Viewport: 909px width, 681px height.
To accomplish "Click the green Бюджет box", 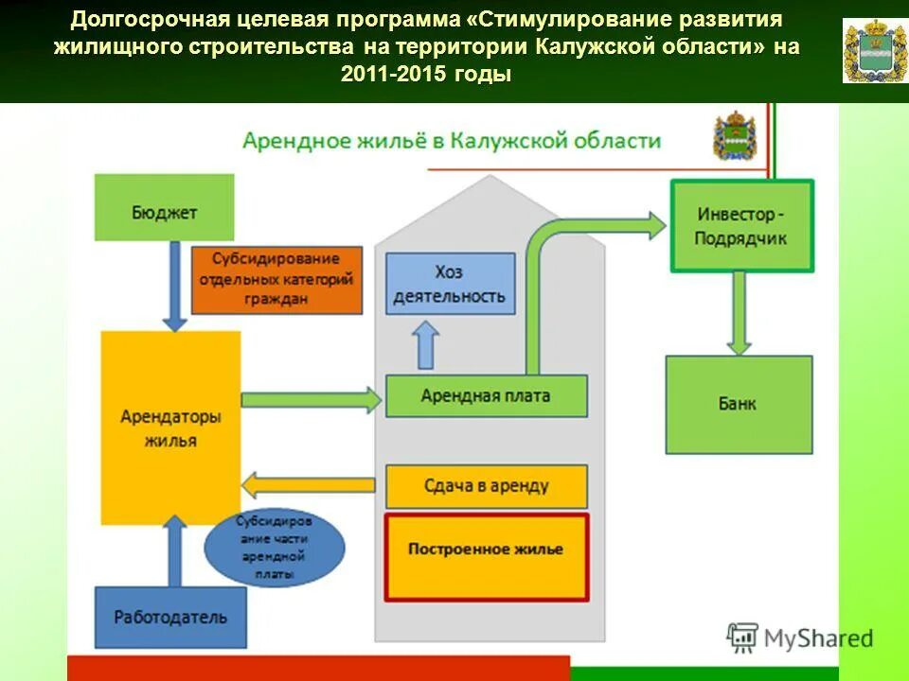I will pos(164,207).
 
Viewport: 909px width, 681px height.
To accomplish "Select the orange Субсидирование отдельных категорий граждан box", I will pos(276,280).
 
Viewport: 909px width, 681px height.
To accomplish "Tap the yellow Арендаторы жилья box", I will pos(170,428).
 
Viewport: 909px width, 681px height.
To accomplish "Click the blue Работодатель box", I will pos(170,617).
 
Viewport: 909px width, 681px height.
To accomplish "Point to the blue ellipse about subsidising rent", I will pos(275,548).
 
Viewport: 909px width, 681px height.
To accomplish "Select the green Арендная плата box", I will pos(486,395).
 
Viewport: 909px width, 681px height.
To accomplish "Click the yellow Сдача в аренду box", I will pos(486,486).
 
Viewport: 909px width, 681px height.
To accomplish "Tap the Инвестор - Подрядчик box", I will pos(741,226).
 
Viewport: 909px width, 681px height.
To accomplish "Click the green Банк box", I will pos(739,404).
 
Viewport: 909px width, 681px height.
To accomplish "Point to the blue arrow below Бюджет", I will pos(174,285).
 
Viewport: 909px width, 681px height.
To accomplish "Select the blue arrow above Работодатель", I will pos(174,550).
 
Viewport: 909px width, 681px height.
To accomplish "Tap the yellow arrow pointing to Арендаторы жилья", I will pos(312,486).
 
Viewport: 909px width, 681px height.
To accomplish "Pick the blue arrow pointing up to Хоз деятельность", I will pos(427,344).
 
